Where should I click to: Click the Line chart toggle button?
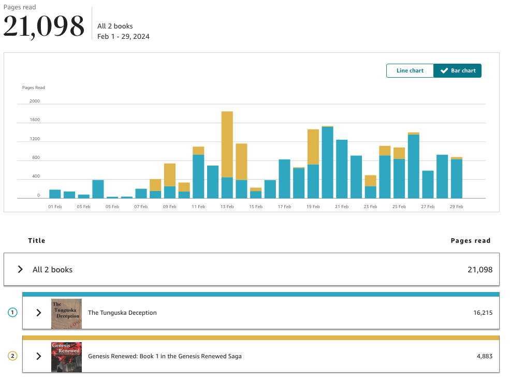(x=410, y=70)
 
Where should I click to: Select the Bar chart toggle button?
(x=457, y=70)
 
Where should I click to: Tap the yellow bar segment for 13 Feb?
(x=227, y=144)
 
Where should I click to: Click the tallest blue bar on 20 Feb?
(x=328, y=163)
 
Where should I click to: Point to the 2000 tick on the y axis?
(x=35, y=101)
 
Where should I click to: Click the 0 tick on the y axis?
(x=38, y=196)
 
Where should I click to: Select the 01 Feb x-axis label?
(x=55, y=207)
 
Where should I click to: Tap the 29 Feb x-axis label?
(x=456, y=207)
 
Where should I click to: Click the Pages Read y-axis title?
(x=34, y=87)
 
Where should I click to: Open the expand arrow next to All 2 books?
(x=20, y=269)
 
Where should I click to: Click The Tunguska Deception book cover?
(x=66, y=314)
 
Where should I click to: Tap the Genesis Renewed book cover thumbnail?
(x=66, y=357)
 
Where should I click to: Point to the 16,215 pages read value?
(x=483, y=313)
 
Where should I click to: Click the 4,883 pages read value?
(x=485, y=356)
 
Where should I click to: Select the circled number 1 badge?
(x=12, y=313)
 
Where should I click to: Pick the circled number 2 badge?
(x=12, y=356)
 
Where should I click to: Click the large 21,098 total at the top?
(x=44, y=26)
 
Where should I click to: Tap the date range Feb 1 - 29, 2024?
(x=123, y=36)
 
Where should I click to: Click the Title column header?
(x=36, y=240)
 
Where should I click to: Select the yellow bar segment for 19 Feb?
(x=313, y=147)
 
